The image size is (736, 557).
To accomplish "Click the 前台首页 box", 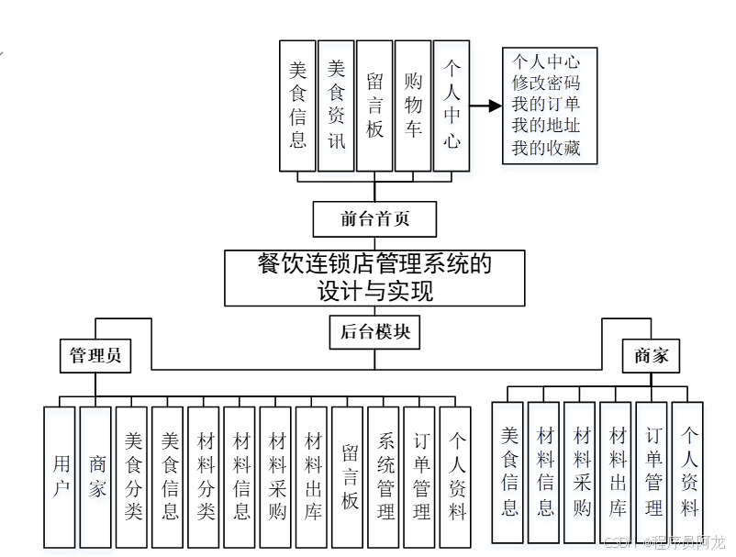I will (374, 219).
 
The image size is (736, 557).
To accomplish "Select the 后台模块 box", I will (374, 332).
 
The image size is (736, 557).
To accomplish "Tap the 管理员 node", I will (95, 355).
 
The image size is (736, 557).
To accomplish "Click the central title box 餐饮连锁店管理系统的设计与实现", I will (374, 278).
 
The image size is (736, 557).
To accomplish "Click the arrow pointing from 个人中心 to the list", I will (485, 106).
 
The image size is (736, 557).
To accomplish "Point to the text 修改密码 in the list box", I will (547, 84).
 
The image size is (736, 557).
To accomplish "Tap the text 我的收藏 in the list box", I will (547, 148).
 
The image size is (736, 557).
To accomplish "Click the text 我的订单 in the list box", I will (547, 105).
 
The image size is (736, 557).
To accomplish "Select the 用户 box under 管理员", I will (60, 476).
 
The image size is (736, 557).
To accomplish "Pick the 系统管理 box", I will (384, 476).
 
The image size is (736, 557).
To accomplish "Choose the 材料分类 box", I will (204, 476).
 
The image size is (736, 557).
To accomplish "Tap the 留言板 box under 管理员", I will (348, 476).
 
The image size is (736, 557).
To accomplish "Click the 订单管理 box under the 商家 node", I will (652, 472).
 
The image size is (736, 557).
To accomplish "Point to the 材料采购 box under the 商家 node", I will (580, 472).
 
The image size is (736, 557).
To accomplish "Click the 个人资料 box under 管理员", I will (456, 476).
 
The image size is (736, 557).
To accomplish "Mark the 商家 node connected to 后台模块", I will (652, 356).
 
